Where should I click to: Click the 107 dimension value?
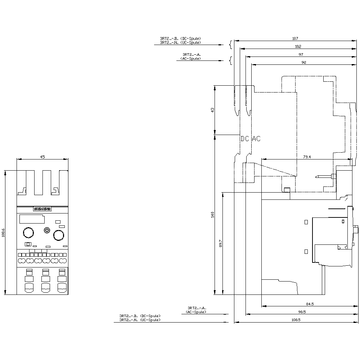tap(295, 38)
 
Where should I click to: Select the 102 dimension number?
tap(298, 46)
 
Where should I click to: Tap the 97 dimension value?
tap(301, 54)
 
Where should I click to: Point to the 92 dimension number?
tap(303, 63)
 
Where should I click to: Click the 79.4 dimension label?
tap(306, 157)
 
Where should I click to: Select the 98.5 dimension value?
tap(302, 312)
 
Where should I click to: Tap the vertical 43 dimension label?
tap(212, 110)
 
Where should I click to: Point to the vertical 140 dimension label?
tap(212, 215)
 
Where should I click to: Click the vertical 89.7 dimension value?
tap(221, 243)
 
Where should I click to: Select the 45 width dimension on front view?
tap(42, 157)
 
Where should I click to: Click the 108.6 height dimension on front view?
tap(3, 233)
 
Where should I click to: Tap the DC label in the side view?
tap(245, 139)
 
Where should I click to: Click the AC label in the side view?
tap(256, 139)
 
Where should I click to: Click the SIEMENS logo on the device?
tap(42, 209)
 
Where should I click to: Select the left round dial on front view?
tap(28, 233)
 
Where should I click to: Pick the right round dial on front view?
tap(58, 235)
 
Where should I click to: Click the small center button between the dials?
tap(46, 230)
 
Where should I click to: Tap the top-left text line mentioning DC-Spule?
tap(180, 39)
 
